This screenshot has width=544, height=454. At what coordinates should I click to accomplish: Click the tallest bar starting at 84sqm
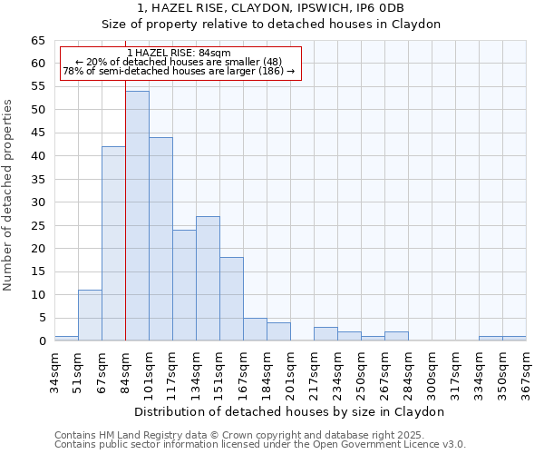coord(137,216)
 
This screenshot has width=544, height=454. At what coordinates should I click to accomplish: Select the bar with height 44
coord(160,239)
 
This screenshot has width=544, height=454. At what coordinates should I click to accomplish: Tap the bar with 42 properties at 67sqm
coord(113,243)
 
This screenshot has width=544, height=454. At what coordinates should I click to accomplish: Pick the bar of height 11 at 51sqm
coord(90,315)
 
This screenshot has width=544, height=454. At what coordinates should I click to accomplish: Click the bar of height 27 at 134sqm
coord(208,278)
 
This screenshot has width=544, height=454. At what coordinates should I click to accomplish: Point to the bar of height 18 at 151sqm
coord(231,299)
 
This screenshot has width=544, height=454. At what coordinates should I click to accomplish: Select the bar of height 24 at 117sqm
coord(184,285)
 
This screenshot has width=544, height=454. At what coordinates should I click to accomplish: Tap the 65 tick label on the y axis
coord(37,41)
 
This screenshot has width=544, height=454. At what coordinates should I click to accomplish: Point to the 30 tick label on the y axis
coord(37,202)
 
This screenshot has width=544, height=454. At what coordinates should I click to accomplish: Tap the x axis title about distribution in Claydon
coord(289,411)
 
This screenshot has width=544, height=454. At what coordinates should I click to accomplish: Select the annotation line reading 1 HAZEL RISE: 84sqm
coord(179,53)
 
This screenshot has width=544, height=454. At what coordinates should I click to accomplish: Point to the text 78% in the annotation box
coord(72,71)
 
